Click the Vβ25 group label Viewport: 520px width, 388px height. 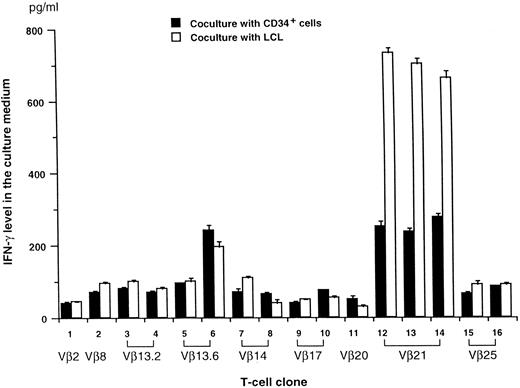483,354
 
